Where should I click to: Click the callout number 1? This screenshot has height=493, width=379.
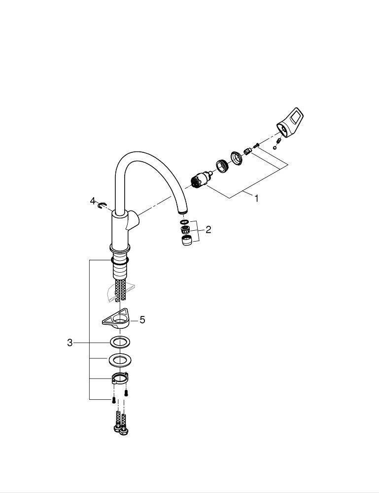pyautogui.click(x=256, y=198)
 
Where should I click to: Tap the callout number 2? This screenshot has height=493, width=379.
pyautogui.click(x=208, y=229)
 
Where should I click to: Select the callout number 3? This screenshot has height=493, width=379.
pyautogui.click(x=70, y=343)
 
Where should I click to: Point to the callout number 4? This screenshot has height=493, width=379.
pyautogui.click(x=92, y=201)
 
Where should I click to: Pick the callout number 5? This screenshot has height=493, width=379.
pyautogui.click(x=142, y=320)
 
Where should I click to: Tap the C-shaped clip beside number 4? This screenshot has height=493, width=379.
pyautogui.click(x=102, y=205)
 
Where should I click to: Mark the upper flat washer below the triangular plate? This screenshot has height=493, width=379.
pyautogui.click(x=119, y=342)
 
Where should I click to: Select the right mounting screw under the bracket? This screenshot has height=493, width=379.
pyautogui.click(x=126, y=393)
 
